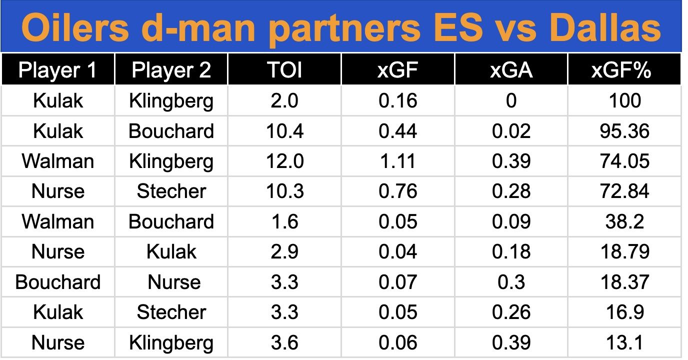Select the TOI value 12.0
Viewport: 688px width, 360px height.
click(284, 161)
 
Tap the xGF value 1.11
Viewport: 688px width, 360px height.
click(398, 161)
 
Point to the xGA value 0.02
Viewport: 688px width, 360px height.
click(511, 131)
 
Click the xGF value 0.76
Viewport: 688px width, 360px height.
click(398, 191)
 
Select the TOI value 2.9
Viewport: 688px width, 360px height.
click(284, 251)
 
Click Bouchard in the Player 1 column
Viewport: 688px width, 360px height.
click(57, 282)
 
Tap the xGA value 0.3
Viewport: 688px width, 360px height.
click(511, 282)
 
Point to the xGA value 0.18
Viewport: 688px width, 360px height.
click(511, 251)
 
